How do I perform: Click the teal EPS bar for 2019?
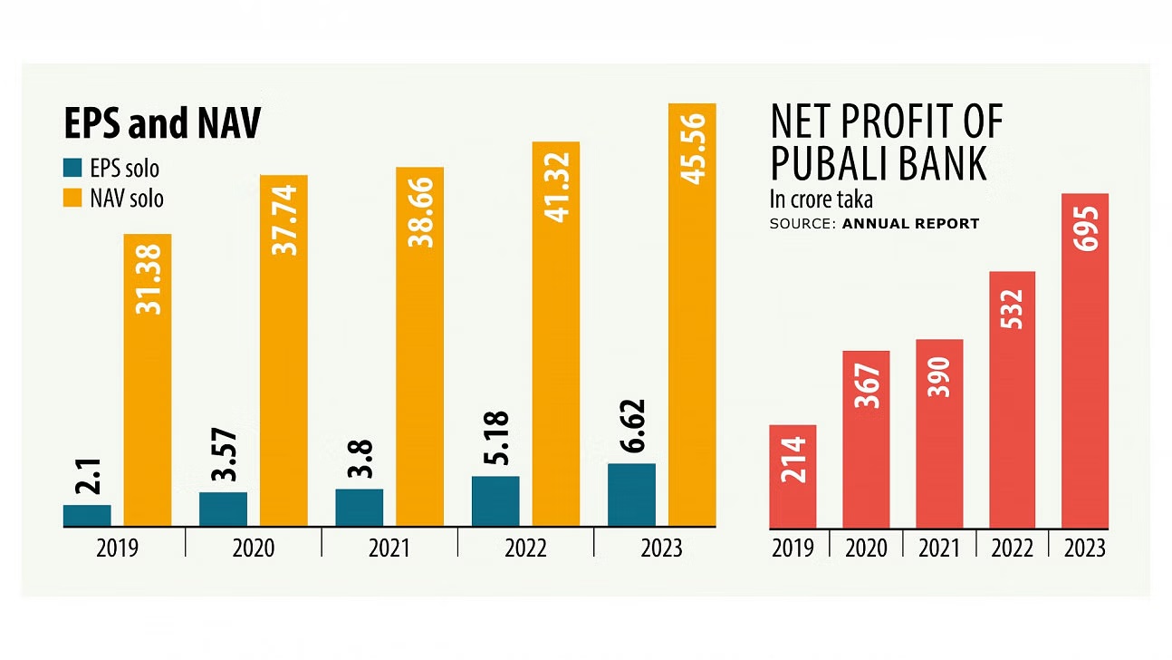click(x=87, y=516)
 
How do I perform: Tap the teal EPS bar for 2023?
click(x=631, y=495)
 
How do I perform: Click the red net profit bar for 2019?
click(x=793, y=476)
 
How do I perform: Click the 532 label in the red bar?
click(x=1012, y=309)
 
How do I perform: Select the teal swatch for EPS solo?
click(x=72, y=168)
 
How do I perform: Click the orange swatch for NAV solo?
click(x=72, y=197)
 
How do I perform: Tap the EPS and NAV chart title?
click(x=162, y=124)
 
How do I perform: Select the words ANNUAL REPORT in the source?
click(x=910, y=223)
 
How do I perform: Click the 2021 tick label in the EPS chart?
click(x=389, y=548)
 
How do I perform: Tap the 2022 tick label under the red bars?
click(x=1012, y=548)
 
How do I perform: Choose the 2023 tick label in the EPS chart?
click(x=662, y=548)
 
